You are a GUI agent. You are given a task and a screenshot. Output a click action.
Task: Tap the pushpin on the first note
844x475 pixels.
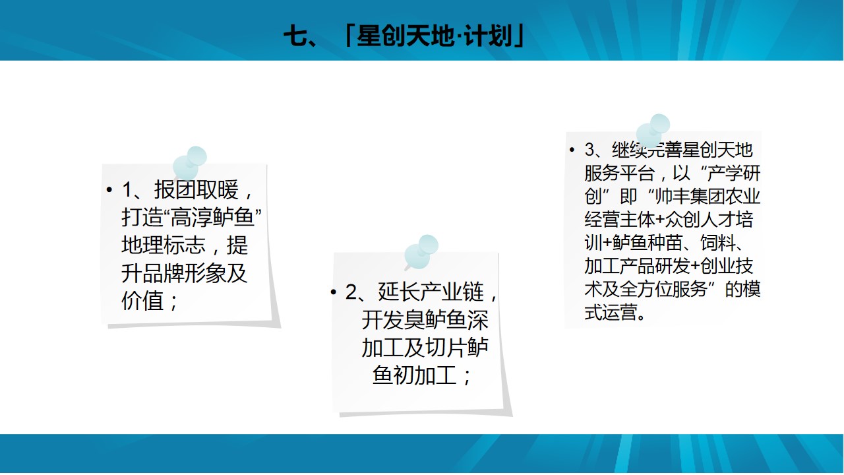click(189, 163)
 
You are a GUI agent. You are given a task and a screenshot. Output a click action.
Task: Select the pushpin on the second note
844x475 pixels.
click(421, 252)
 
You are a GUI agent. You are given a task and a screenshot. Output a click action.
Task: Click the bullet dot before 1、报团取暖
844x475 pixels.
click(109, 189)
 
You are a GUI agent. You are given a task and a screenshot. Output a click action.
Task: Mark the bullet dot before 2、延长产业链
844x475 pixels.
click(333, 292)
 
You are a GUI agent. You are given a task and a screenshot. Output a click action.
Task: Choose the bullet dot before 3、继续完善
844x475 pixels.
click(572, 150)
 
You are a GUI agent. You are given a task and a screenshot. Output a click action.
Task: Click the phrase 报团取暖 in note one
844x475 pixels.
click(196, 189)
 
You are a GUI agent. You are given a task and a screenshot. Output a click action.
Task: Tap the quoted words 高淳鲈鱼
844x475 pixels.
click(212, 217)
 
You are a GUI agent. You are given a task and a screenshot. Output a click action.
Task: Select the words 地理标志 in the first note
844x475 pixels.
click(164, 245)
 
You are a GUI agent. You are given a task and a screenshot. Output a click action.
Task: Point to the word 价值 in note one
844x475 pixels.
click(142, 301)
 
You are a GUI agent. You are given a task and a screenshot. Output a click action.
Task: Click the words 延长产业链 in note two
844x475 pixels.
click(431, 292)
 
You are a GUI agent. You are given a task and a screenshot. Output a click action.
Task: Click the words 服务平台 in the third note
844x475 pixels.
click(619, 174)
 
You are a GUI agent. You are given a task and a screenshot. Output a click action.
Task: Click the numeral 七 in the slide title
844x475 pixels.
click(296, 36)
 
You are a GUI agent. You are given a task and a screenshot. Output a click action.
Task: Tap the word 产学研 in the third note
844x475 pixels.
click(734, 174)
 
